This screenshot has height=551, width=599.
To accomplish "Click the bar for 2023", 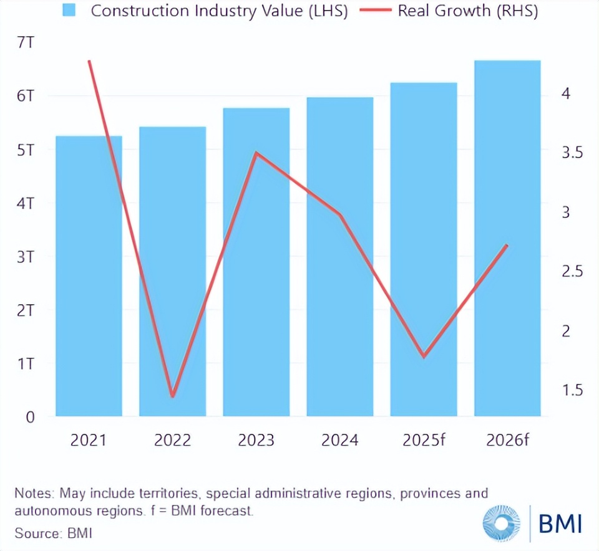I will (256, 262).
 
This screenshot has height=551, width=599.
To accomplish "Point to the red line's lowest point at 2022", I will (173, 396).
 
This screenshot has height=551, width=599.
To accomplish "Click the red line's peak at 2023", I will (256, 153).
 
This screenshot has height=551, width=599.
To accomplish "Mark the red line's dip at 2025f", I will (424, 357).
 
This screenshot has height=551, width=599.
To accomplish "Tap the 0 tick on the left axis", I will (29, 417).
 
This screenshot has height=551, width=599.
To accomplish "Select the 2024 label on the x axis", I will (340, 440).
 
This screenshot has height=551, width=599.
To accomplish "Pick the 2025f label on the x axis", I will (424, 440).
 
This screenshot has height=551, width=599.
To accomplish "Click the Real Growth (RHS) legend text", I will (468, 11).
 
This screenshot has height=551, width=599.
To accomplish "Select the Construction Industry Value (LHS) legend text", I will (219, 11).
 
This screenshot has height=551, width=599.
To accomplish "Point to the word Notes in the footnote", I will (34, 494).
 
